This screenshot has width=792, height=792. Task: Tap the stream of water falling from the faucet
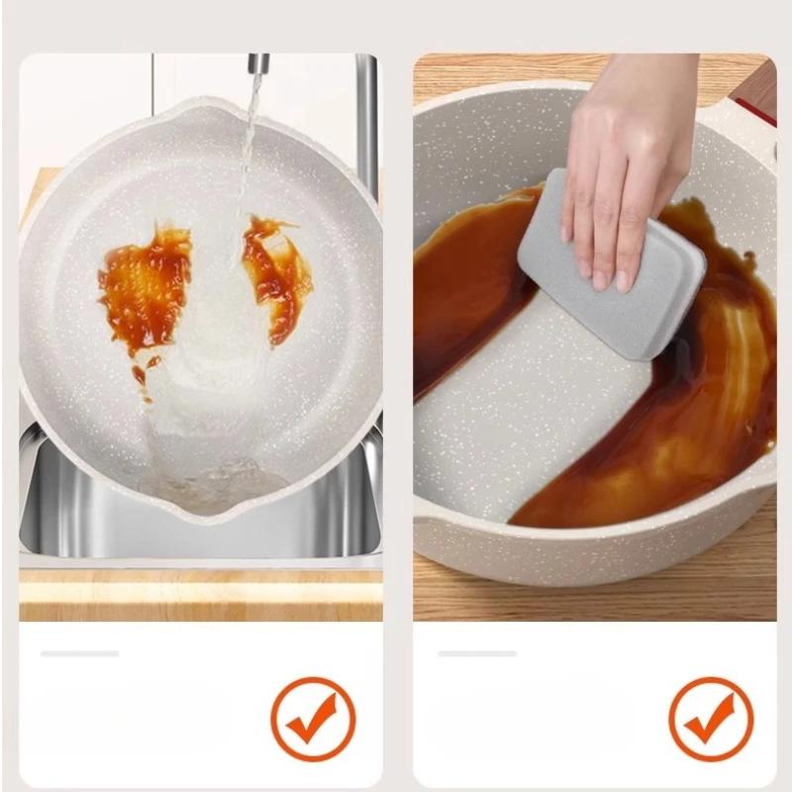tap(248, 148)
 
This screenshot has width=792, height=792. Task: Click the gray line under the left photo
tap(79, 653)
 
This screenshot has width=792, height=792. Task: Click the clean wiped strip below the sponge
tap(525, 416)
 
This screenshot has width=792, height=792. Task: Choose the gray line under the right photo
tap(477, 653)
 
